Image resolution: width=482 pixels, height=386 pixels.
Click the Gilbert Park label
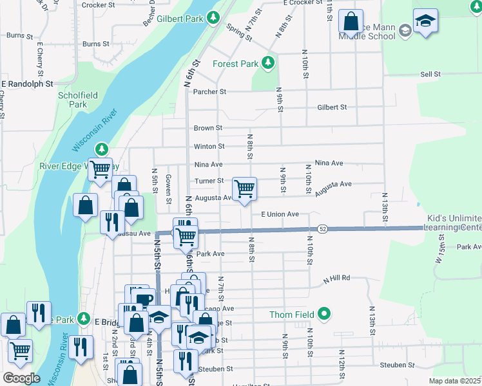[186, 19]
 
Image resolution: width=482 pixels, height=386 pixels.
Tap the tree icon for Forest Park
[267, 63]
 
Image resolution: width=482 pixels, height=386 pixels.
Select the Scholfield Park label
[78, 100]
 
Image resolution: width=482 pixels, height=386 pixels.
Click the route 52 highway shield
[323, 229]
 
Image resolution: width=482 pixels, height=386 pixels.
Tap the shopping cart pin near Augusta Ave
[244, 189]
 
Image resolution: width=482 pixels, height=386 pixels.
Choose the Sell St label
[430, 75]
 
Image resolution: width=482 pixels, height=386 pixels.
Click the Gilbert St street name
[332, 107]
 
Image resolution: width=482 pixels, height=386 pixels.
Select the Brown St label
[207, 128]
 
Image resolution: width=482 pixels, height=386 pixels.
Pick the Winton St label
[209, 147]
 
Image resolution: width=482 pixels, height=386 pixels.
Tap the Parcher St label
[209, 92]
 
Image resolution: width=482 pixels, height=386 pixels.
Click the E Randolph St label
[26, 84]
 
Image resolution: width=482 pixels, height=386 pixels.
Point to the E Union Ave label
[280, 214]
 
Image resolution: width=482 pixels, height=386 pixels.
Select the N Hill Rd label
[336, 278]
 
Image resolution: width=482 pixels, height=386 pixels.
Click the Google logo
[21, 378]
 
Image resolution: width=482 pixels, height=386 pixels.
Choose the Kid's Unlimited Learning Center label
[452, 223]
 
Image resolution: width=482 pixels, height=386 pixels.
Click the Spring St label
[238, 32]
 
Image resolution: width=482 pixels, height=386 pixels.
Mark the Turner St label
[209, 181]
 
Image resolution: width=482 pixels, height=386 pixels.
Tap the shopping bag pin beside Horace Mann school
[351, 21]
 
